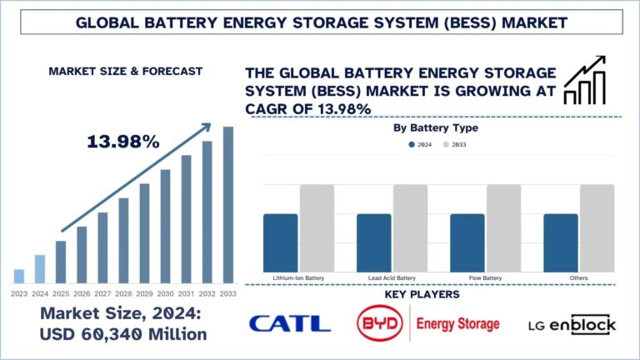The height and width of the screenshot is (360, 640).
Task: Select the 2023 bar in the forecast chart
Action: (x=19, y=276)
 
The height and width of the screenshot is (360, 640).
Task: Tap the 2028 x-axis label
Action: (x=123, y=293)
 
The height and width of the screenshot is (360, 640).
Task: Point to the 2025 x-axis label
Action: (x=61, y=293)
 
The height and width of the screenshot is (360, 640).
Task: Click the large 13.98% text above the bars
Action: (x=122, y=142)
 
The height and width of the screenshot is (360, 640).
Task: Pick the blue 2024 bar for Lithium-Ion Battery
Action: (x=280, y=242)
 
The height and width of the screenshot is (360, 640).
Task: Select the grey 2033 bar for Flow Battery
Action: (x=503, y=227)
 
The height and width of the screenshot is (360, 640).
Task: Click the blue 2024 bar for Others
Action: (x=561, y=242)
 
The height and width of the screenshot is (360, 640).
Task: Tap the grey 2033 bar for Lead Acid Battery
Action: (x=410, y=227)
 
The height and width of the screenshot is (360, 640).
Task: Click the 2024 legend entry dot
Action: (x=412, y=144)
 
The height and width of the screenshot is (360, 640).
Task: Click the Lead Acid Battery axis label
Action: (x=392, y=276)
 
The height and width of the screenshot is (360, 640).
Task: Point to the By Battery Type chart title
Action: (x=434, y=128)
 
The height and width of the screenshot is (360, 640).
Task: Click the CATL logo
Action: (x=290, y=324)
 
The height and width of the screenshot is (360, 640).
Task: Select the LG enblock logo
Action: (x=572, y=324)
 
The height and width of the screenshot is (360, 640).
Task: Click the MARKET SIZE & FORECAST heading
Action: (x=125, y=72)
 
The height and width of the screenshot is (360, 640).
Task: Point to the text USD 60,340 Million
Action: (x=125, y=335)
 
